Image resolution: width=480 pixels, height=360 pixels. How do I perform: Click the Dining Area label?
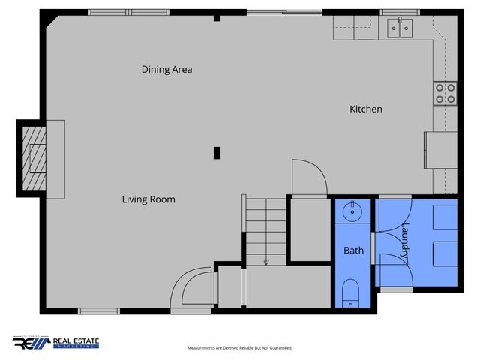point(167,70)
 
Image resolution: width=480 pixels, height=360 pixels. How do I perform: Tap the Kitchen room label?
point(366,109)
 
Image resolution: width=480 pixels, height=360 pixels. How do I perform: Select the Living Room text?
point(148,199)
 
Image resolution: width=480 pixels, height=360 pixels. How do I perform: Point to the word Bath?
point(353,250)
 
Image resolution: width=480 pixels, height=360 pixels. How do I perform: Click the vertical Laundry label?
point(406,242)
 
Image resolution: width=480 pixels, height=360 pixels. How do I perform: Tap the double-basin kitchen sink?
point(399,28)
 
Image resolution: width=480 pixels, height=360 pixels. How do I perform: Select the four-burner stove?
point(445,93)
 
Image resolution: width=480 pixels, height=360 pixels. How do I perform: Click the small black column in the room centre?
point(217,152)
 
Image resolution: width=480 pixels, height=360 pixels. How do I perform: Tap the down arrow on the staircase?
point(265,261)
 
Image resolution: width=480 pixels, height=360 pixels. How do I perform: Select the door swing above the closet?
point(308,177)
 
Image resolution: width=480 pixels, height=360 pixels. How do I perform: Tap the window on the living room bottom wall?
point(99,310)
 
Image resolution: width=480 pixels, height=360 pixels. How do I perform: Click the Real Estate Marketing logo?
point(55,343)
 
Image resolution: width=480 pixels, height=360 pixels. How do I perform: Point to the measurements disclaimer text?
point(239,348)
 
